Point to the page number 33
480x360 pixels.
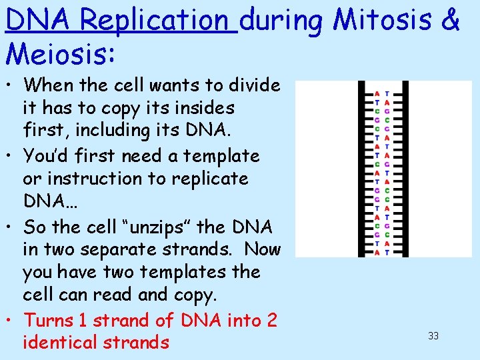point(433,336)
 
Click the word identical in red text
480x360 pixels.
point(55,343)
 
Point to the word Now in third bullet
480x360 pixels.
point(262,249)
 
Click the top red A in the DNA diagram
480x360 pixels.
point(377,93)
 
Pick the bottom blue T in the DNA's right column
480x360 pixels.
point(387,253)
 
